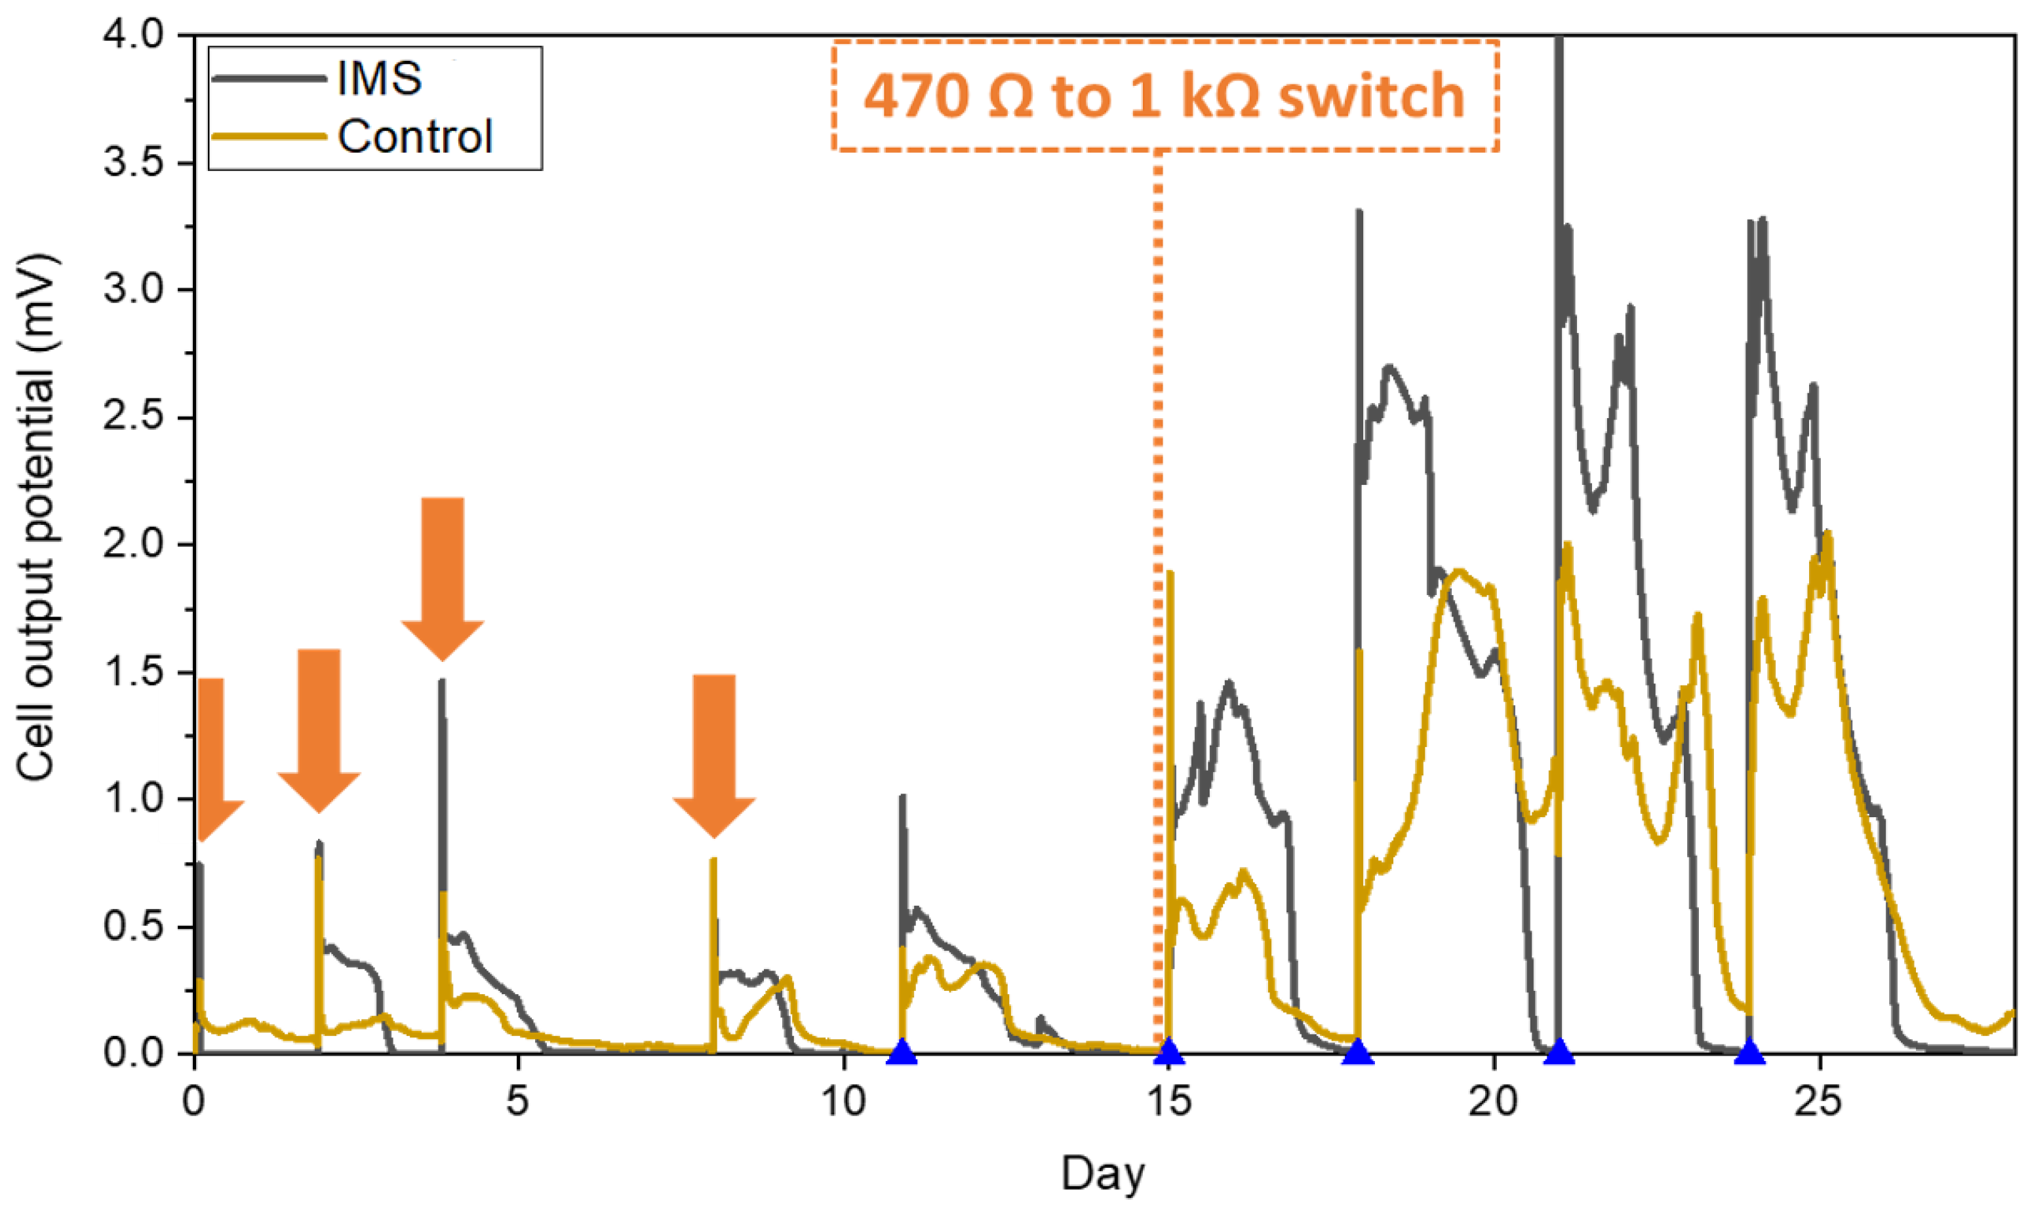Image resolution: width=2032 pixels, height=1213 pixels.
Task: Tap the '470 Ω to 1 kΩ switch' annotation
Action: (x=1165, y=96)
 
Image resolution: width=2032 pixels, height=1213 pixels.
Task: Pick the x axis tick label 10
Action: (x=843, y=1102)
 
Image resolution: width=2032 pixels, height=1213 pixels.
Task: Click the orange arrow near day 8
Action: (x=714, y=752)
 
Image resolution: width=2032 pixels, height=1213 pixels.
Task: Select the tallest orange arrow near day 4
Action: (x=443, y=576)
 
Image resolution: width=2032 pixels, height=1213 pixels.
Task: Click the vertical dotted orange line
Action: (x=1158, y=572)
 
